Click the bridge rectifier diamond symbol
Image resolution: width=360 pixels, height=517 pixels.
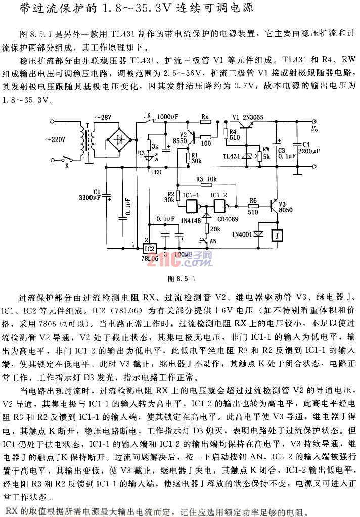coord(119,138)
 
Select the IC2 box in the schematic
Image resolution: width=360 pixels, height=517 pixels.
coord(150,248)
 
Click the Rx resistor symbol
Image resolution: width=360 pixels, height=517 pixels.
coord(205,123)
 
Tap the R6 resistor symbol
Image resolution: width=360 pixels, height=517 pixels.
coord(253,206)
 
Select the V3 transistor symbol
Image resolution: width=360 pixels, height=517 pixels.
coord(274,205)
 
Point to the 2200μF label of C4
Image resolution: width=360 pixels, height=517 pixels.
coord(308,151)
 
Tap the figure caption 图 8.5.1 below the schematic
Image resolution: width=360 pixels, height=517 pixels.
coord(181,278)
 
